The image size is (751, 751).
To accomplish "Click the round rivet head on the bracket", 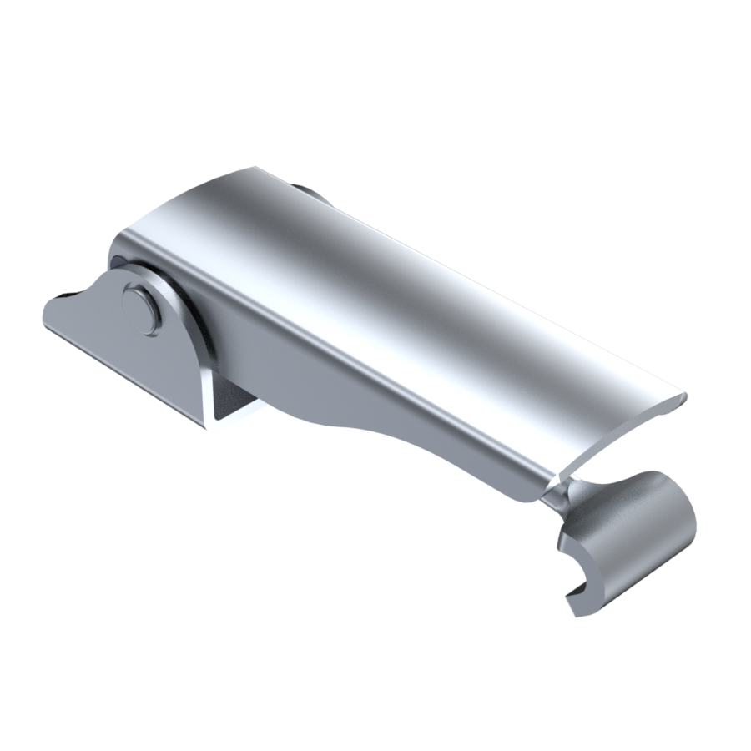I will [x=140, y=308].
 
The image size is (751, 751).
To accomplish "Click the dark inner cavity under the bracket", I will [x=230, y=401].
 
